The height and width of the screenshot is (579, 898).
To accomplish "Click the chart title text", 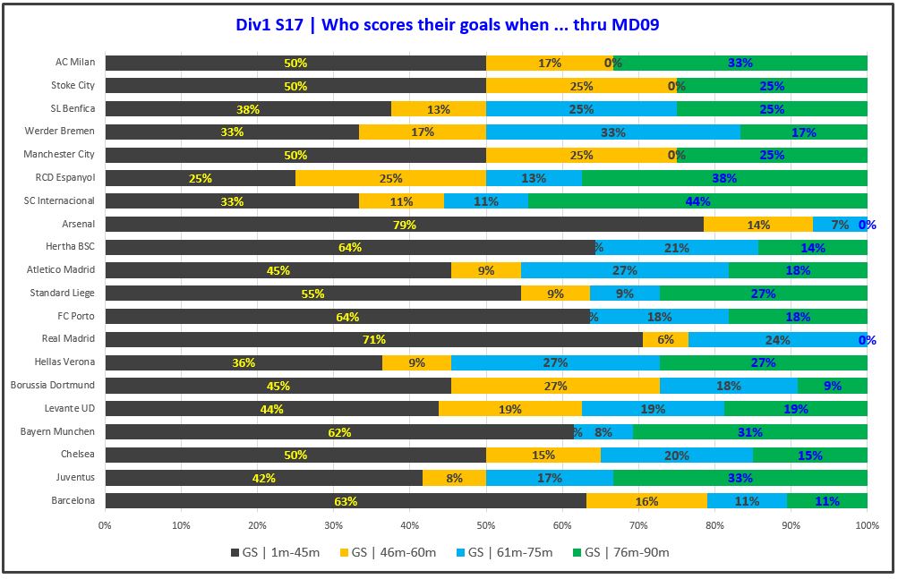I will [x=449, y=24].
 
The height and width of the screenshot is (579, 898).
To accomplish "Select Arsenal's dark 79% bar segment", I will [x=404, y=224].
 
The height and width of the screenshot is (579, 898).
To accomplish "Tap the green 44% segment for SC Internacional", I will [x=697, y=200].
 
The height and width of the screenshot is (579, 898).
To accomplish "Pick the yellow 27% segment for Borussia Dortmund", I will [x=555, y=386].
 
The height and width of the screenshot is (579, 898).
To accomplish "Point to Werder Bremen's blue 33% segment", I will [x=612, y=132].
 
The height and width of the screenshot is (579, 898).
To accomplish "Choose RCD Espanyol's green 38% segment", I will [x=724, y=178].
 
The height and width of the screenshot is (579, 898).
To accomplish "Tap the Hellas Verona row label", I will [x=67, y=362].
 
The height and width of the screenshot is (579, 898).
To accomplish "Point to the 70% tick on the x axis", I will [x=638, y=525].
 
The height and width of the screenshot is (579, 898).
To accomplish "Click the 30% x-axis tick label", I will [x=334, y=525].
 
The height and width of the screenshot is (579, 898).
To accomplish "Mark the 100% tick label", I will [x=867, y=525].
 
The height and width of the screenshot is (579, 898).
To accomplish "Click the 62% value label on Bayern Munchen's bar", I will [x=338, y=432].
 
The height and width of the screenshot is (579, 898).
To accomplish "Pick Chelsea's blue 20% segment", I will [x=676, y=455].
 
